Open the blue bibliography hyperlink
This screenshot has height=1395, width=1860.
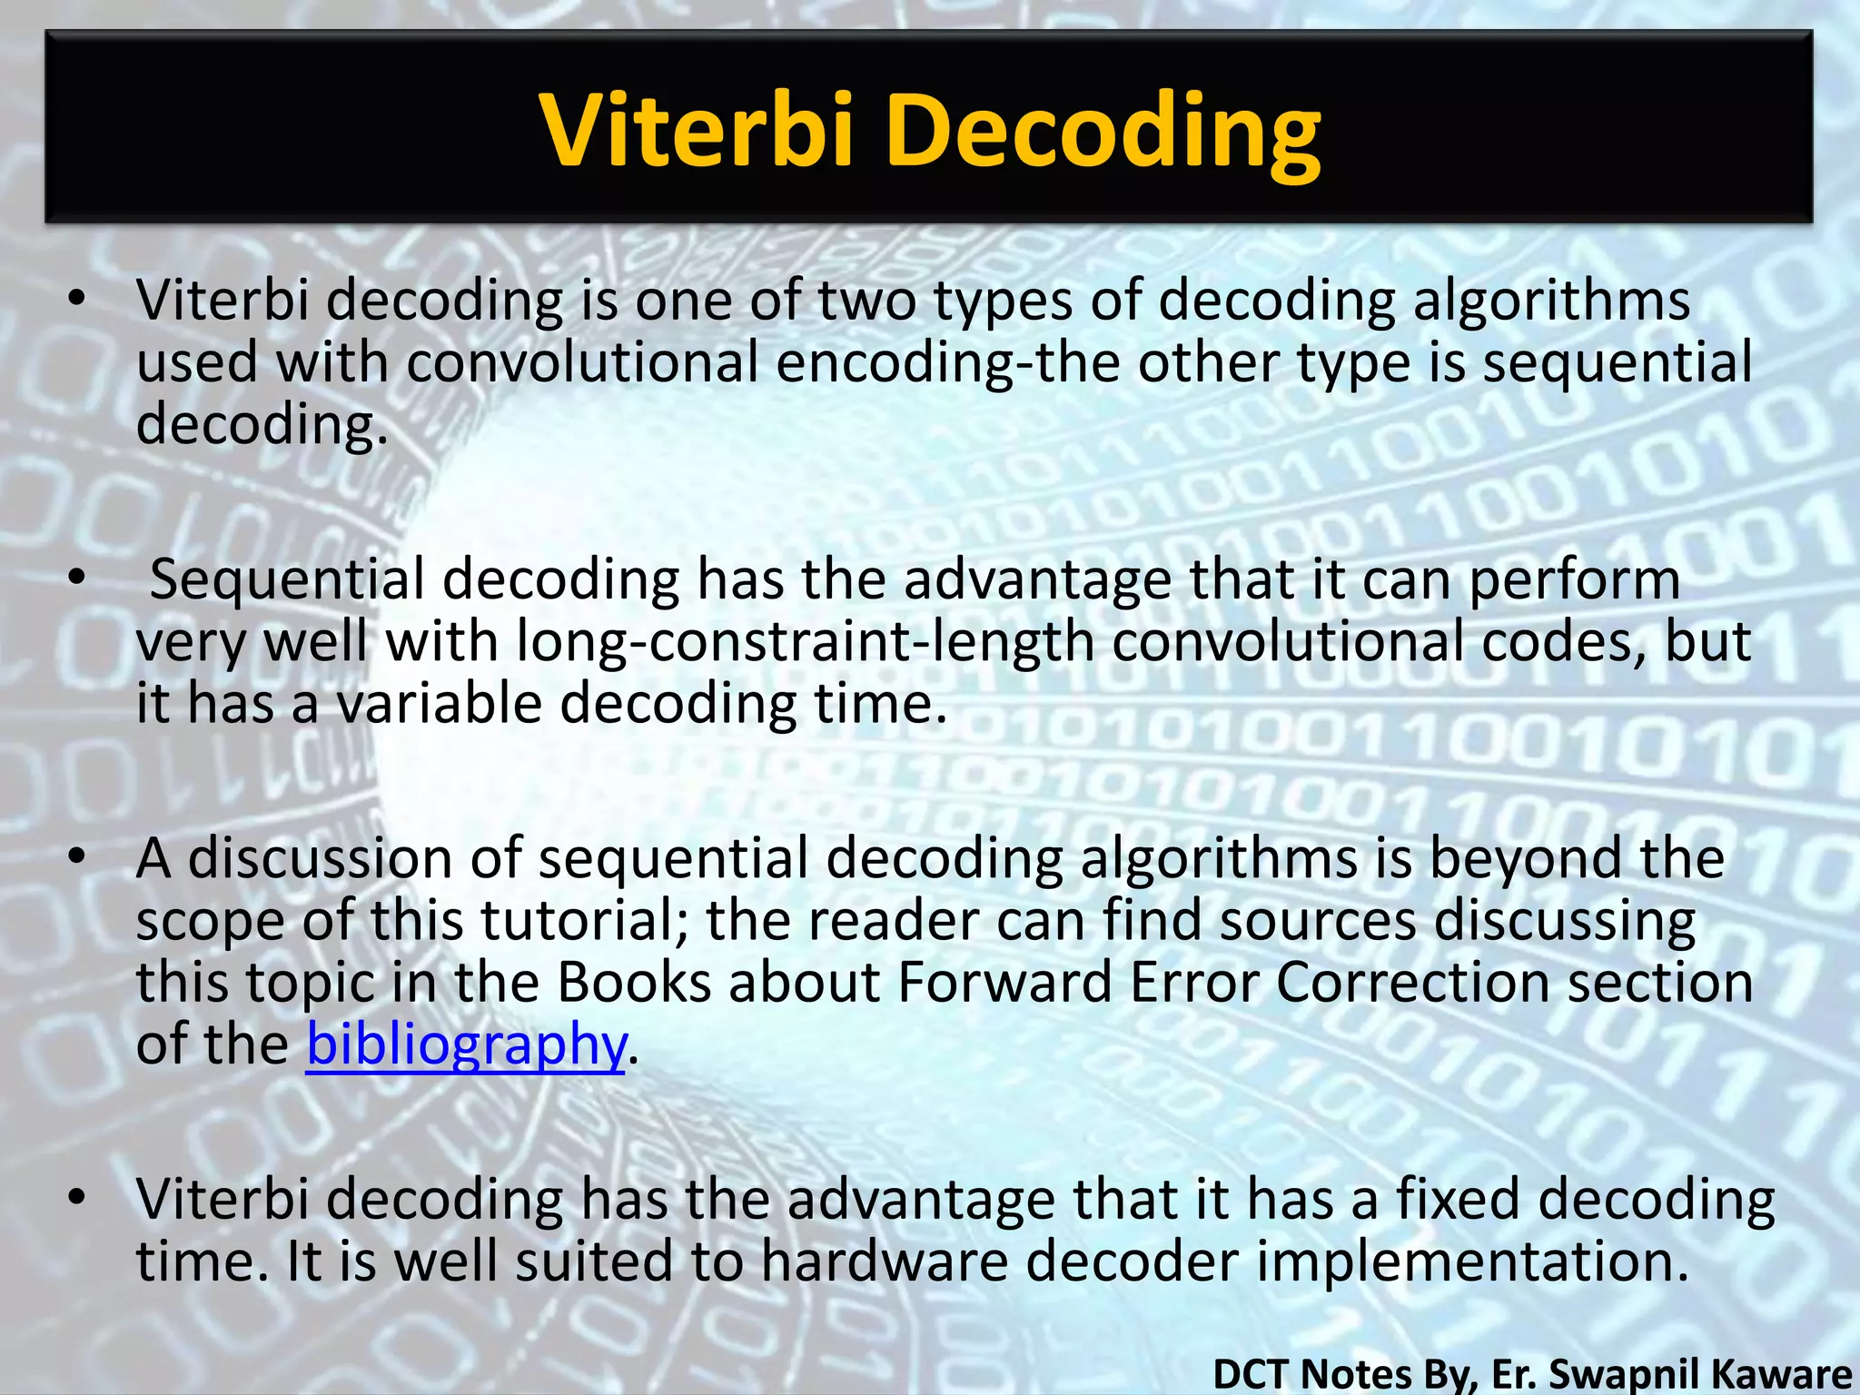coord(465,1044)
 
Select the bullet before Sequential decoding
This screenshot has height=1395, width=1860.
coord(78,579)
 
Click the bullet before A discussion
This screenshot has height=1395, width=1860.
coord(78,856)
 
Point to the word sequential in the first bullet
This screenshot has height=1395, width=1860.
coord(1617,361)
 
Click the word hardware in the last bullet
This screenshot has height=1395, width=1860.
coord(884,1261)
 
